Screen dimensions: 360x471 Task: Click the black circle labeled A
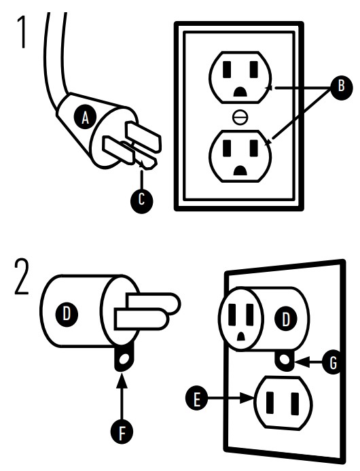coord(86,117)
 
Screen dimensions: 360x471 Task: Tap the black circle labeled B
coord(341,86)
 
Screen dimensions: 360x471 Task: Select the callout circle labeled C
coord(141,199)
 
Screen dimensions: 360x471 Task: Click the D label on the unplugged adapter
coord(67,314)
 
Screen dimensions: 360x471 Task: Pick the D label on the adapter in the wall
coord(285,319)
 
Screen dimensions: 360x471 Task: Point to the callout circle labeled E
coord(197,399)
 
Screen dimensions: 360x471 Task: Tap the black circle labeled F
coord(122,432)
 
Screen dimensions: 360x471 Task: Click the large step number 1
coord(22,32)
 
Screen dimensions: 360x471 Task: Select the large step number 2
coord(22,277)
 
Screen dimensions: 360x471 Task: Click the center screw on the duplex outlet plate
coord(240,117)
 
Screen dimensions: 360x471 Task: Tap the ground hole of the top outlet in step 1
coord(240,92)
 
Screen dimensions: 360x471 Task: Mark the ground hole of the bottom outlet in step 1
coord(240,171)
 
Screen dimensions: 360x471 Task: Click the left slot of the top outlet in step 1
coord(227,70)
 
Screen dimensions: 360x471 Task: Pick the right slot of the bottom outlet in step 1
coord(254,148)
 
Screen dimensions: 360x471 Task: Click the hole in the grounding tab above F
coord(124,359)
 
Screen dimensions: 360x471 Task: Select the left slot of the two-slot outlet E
coord(270,402)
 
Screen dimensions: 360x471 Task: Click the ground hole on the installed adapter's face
coord(240,336)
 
